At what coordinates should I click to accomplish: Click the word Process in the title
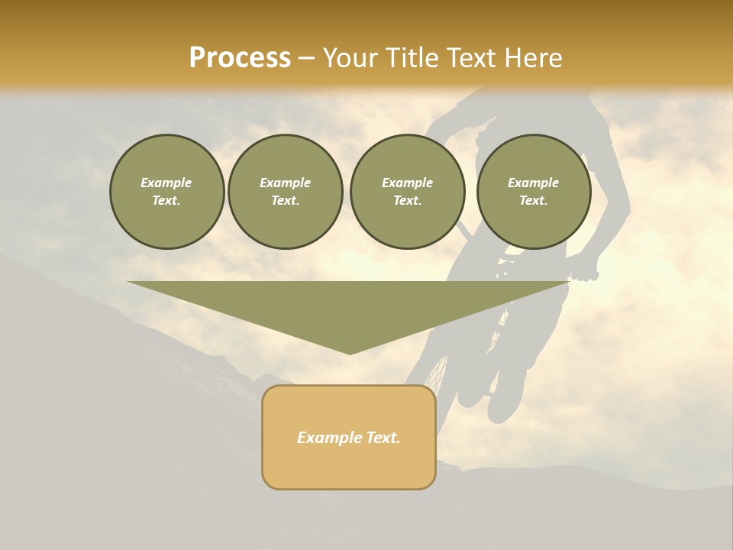240,58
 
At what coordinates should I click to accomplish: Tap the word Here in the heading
531,58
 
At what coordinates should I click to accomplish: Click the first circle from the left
166,192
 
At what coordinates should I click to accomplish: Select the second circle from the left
285,192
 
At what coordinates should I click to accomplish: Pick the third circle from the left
407,192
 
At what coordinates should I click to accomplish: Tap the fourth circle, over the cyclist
533,192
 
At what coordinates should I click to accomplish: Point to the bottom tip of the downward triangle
350,352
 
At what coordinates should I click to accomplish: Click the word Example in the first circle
166,183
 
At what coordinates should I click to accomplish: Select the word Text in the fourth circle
533,201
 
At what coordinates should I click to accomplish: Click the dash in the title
306,58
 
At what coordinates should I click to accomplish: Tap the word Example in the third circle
407,183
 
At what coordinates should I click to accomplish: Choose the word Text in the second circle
285,201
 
